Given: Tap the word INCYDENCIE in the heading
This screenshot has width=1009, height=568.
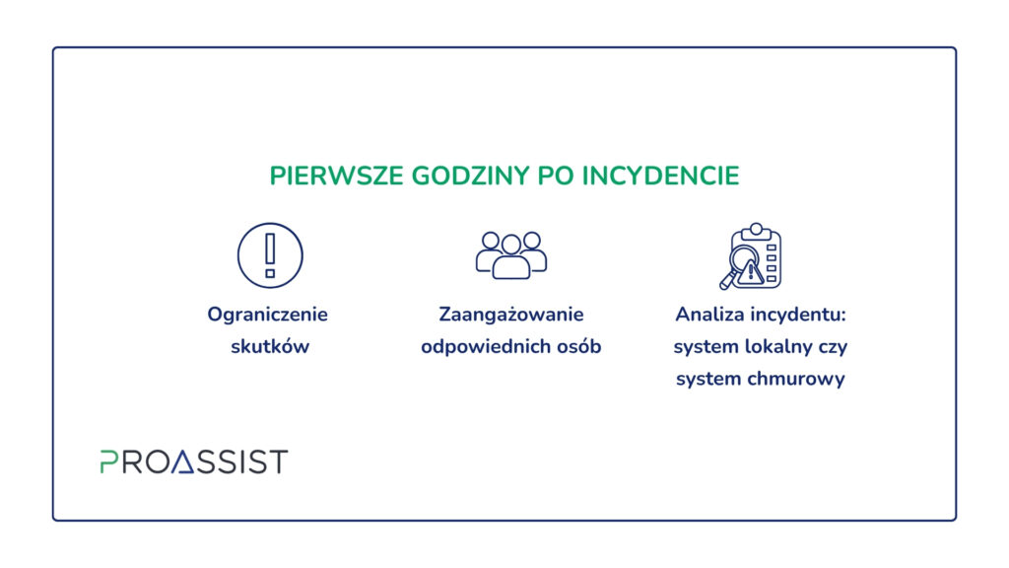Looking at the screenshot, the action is (x=661, y=176).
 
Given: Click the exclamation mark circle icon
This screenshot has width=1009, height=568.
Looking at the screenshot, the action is (x=270, y=255).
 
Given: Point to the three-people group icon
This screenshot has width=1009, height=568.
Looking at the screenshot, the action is (x=511, y=255).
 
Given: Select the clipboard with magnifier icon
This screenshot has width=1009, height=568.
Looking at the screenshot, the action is (x=751, y=256).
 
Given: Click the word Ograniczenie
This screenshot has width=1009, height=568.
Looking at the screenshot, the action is (x=268, y=315).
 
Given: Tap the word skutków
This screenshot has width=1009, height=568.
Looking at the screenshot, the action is (x=270, y=346).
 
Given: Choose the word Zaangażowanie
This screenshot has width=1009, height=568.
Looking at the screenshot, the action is (x=511, y=315).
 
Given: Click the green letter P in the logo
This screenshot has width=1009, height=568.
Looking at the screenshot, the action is (x=108, y=461).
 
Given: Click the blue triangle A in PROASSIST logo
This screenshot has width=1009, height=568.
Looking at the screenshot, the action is (x=184, y=461).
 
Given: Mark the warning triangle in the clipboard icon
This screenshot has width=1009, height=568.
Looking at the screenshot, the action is (x=751, y=272).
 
